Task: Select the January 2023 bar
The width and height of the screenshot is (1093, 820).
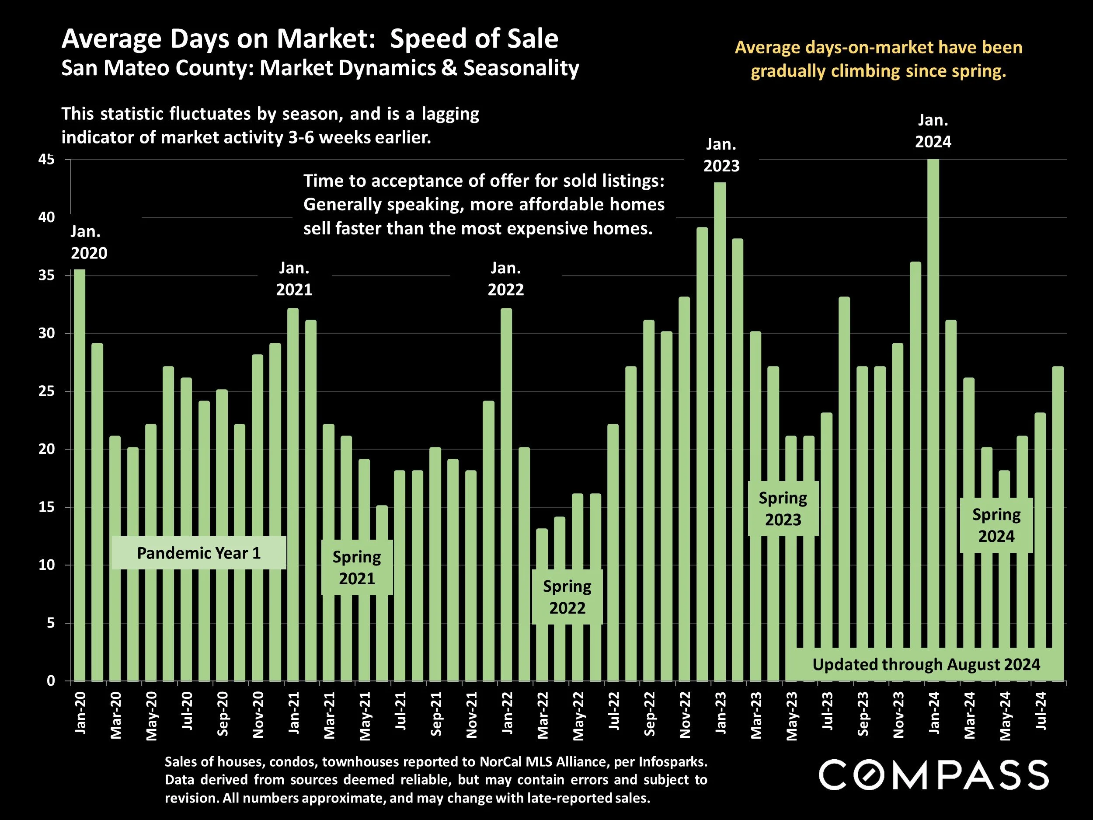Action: [x=720, y=430]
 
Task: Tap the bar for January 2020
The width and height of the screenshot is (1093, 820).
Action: [x=80, y=475]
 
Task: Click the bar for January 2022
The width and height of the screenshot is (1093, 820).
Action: [x=506, y=494]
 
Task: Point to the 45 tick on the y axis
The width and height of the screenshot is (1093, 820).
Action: [x=46, y=160]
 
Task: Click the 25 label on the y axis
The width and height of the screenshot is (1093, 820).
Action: [x=46, y=391]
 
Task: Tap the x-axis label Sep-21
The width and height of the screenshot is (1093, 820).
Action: [x=436, y=714]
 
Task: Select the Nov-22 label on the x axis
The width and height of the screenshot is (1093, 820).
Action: [x=685, y=715]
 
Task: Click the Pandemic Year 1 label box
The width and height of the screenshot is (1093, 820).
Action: [x=198, y=553]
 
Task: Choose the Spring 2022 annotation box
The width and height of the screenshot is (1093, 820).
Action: [x=567, y=597]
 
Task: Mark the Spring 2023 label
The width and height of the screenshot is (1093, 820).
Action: [x=783, y=509]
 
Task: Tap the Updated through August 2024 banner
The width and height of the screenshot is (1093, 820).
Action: [x=926, y=664]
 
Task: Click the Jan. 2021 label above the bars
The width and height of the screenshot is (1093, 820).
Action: [x=294, y=279]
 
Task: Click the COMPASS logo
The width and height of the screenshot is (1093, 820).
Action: [x=933, y=775]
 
